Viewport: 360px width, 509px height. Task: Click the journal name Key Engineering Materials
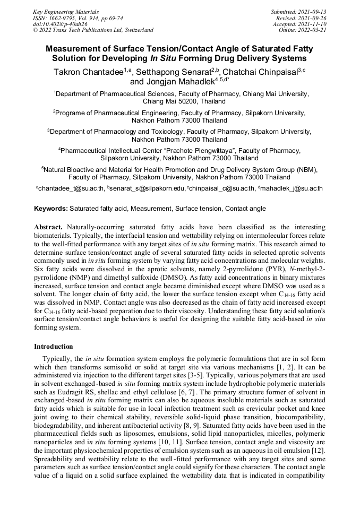66,11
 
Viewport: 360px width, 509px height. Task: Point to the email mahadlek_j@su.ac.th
292,188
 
